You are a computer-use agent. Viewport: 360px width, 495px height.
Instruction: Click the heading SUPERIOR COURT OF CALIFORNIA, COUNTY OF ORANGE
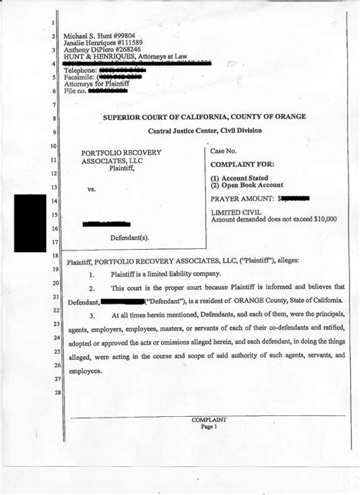coord(206,118)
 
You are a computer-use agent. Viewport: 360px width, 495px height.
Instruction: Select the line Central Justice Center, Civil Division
coord(206,131)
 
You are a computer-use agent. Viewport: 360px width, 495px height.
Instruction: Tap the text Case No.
coord(224,152)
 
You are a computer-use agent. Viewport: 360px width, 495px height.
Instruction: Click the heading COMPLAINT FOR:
coord(242,164)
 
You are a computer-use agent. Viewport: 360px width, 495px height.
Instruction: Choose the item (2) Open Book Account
coord(247,185)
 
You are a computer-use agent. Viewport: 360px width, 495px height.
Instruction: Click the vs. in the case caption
coord(91,190)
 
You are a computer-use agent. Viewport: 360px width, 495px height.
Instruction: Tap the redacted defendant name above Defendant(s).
coord(106,224)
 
